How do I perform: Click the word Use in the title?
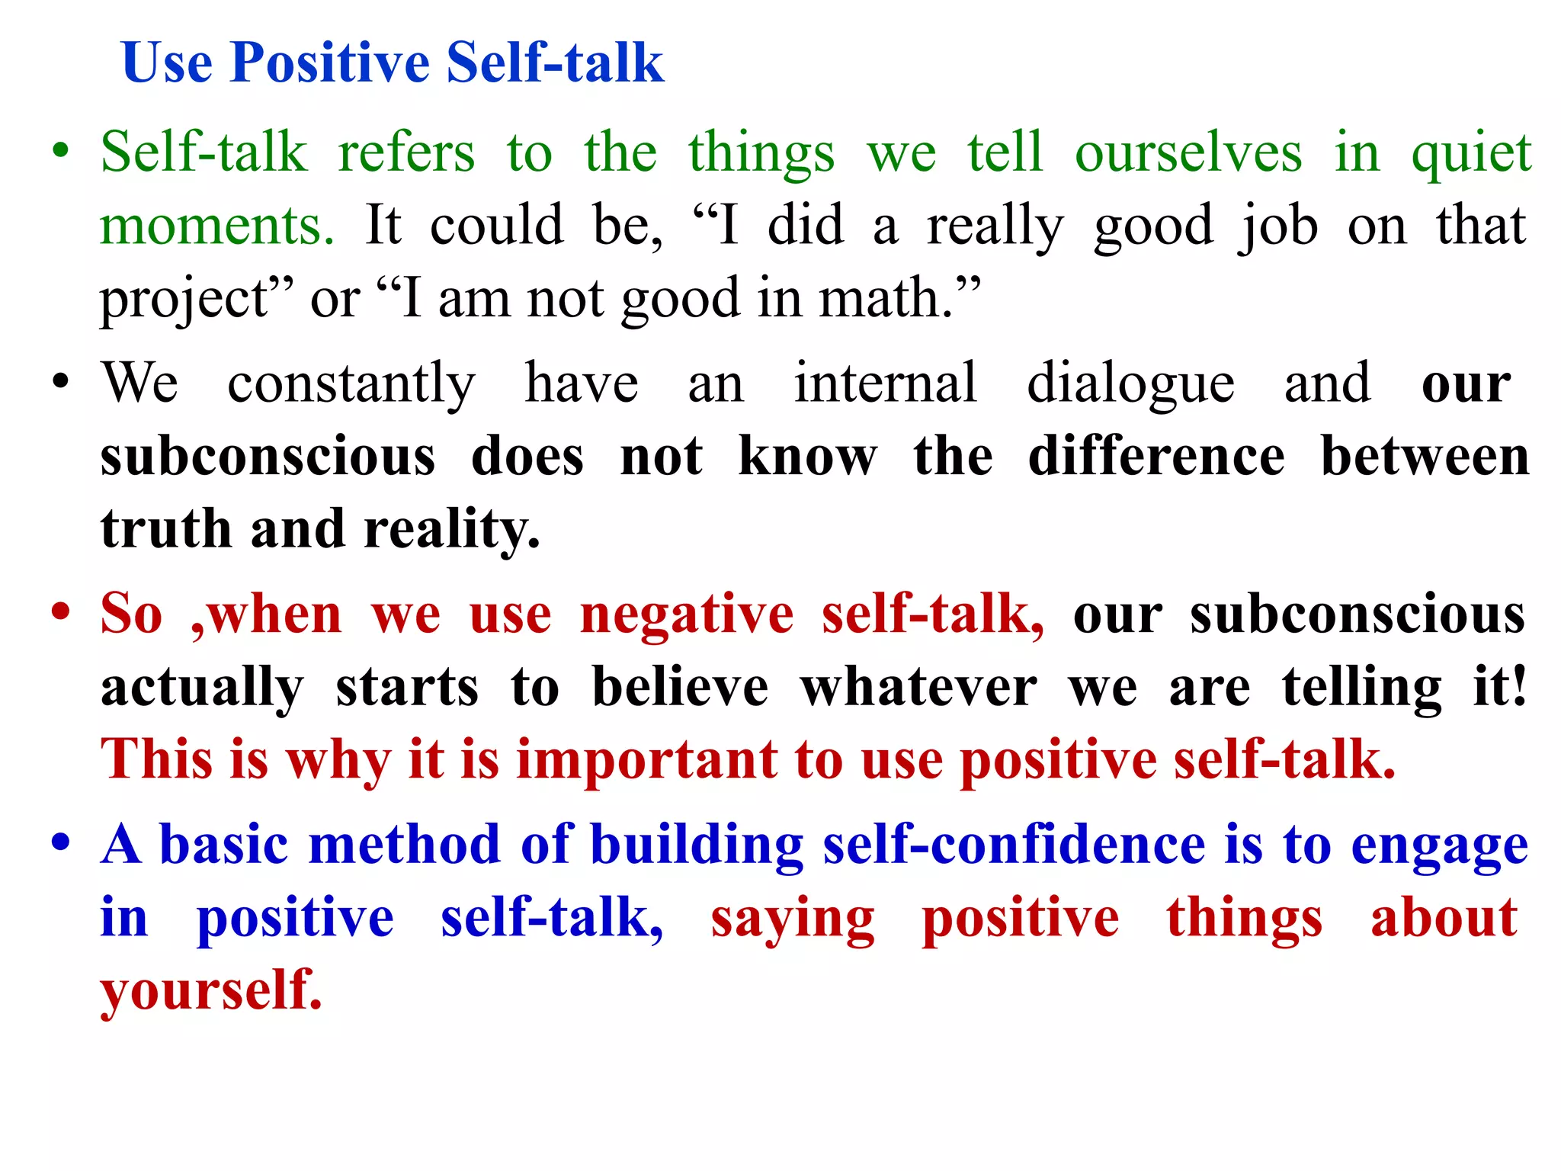(167, 63)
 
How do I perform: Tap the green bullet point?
(61, 149)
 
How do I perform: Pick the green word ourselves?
(1188, 152)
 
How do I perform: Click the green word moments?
(217, 226)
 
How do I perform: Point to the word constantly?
(351, 383)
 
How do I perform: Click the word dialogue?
(1130, 383)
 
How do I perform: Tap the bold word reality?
(452, 530)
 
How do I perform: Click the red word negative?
(687, 614)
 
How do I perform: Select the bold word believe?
(681, 687)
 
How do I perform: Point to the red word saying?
(793, 919)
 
